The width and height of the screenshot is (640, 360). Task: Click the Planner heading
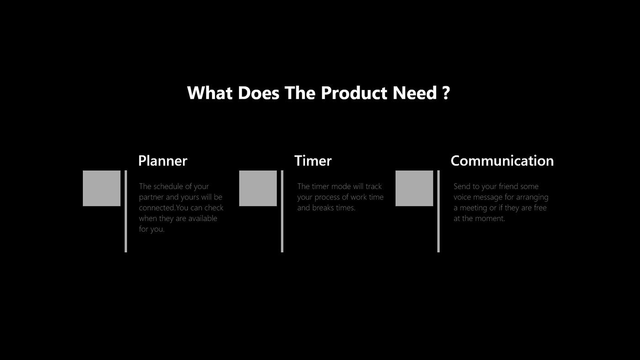click(162, 161)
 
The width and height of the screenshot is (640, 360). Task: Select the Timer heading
click(313, 161)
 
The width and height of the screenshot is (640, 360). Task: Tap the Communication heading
click(502, 161)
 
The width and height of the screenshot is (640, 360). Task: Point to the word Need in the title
click(417, 93)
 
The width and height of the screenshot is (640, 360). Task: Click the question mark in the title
click(446, 93)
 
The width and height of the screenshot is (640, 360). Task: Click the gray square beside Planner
click(101, 188)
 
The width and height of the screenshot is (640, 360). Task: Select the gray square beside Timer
click(258, 188)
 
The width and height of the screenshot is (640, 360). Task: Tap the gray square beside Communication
click(414, 188)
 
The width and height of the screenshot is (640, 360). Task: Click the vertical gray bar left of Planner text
click(126, 211)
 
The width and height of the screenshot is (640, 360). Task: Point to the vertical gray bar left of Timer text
click(282, 211)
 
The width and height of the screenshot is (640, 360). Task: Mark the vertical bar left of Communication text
click(438, 211)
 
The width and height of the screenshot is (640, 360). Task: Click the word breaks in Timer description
click(324, 208)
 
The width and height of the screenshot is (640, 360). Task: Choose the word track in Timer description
click(373, 186)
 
